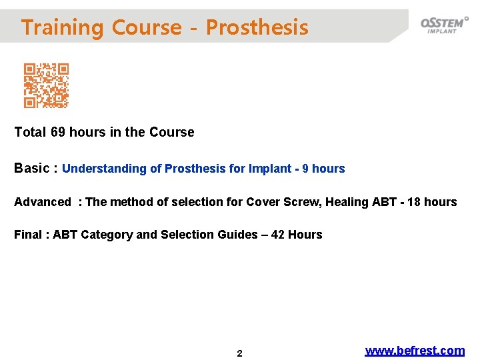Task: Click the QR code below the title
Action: click(x=47, y=86)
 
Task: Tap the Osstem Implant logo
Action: click(x=443, y=25)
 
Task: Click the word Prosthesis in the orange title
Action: click(x=257, y=27)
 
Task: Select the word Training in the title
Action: click(x=63, y=27)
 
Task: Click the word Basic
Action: click(x=31, y=168)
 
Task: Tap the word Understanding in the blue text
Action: click(x=104, y=169)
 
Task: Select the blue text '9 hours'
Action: click(x=323, y=169)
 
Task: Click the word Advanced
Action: click(x=42, y=202)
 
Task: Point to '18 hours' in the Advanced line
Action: click(x=432, y=202)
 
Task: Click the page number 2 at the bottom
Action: click(x=240, y=353)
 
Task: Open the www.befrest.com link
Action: click(x=415, y=351)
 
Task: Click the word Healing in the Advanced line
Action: click(x=347, y=202)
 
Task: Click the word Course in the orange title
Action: click(x=147, y=27)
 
